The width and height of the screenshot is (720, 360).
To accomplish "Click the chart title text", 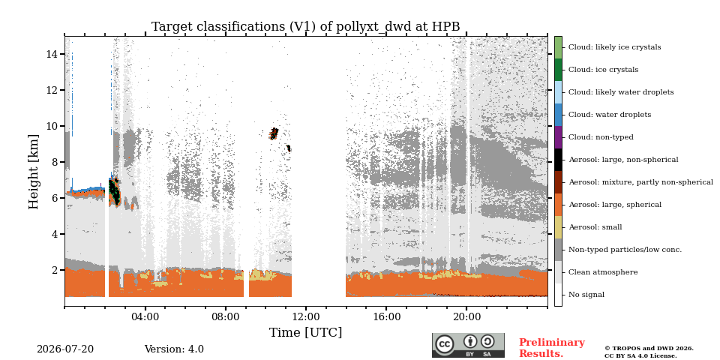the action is click(306, 27).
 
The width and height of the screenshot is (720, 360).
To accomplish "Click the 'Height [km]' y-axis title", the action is click(34, 172).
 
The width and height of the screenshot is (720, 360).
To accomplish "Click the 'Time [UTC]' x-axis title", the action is click(306, 332).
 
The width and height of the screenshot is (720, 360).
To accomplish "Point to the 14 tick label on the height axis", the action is click(52, 54).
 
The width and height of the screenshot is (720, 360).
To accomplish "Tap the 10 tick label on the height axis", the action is click(52, 126).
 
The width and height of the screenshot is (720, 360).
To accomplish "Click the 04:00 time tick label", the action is click(145, 316).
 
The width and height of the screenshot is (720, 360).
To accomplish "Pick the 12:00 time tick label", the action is click(306, 316).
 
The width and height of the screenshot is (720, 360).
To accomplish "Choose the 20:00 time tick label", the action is click(466, 316).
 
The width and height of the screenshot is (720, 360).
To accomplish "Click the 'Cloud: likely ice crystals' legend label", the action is click(615, 47).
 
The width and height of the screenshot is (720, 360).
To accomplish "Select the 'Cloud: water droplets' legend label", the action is click(610, 115).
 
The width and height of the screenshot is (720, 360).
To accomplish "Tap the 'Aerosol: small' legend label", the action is click(595, 227).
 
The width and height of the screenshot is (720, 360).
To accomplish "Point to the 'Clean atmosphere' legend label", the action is click(603, 272).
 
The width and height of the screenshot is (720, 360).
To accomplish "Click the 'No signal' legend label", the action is click(586, 295).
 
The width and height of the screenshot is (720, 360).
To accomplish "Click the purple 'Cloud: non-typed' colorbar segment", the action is click(558, 137).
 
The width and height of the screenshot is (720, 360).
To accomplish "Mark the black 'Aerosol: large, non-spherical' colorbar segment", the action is click(558, 160).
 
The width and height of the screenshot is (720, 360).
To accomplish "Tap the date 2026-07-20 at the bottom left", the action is click(65, 349).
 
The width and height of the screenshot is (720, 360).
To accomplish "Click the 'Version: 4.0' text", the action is click(174, 349).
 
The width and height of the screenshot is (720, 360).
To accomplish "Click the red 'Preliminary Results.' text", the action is click(552, 348).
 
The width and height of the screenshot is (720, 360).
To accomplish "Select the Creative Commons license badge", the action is click(468, 345).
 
